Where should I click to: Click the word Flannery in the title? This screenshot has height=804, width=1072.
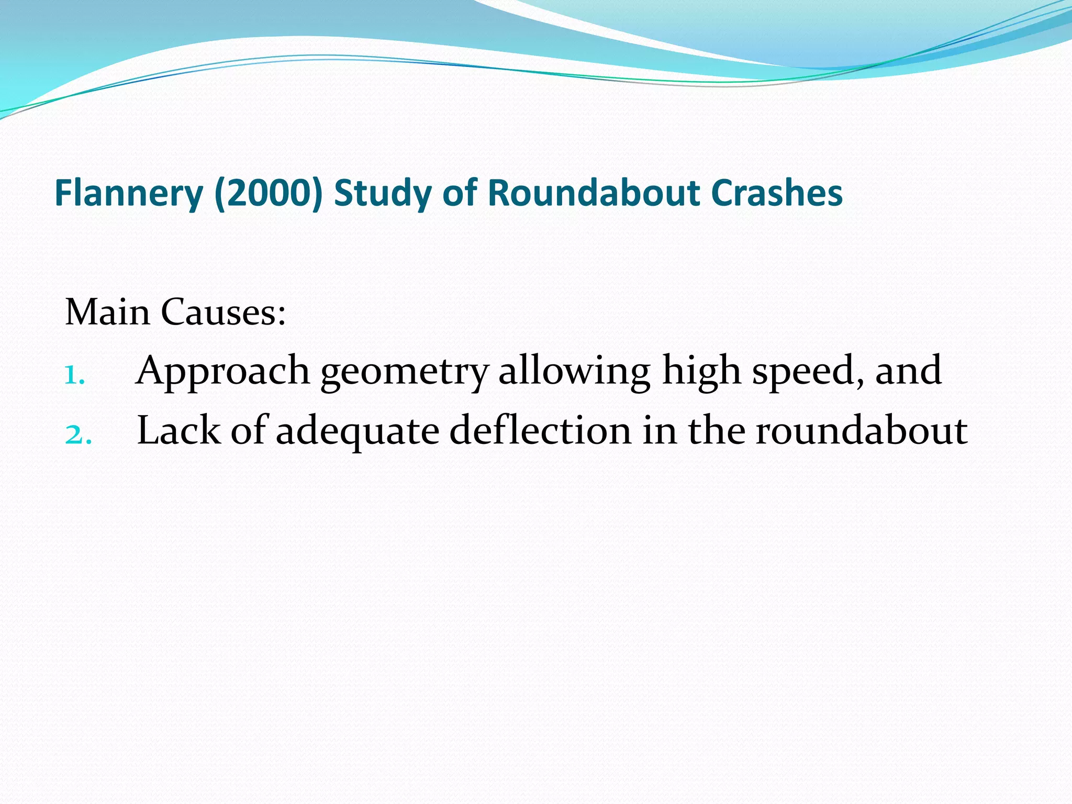click(x=128, y=193)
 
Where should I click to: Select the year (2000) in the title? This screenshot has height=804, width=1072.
click(x=268, y=193)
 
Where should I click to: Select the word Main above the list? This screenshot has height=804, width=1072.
click(x=107, y=312)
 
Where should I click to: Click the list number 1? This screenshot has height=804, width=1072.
click(x=74, y=376)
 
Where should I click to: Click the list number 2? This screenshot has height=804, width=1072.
click(x=78, y=435)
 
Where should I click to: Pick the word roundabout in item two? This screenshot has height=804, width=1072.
click(x=861, y=430)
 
